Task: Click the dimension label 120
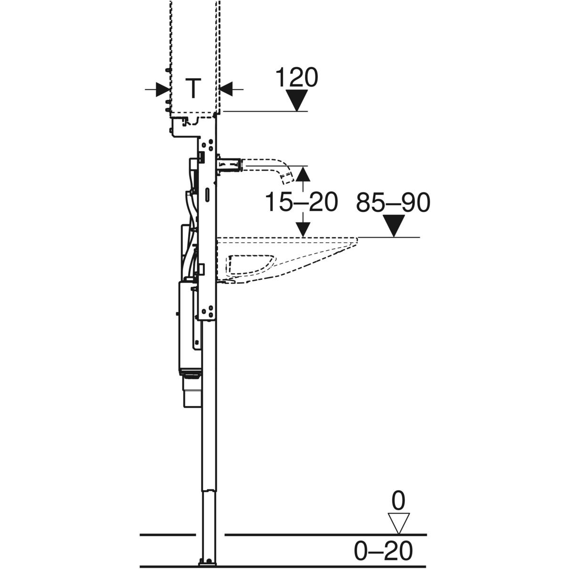[296, 78]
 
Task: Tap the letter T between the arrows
[193, 88]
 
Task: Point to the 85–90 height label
[393, 202]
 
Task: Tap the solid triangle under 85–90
[394, 226]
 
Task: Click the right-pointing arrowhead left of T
[163, 89]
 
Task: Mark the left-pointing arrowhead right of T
[226, 89]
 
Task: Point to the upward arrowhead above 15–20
[303, 174]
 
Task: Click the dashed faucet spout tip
[288, 178]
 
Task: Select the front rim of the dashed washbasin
[358, 240]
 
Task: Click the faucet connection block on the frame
[229, 164]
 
